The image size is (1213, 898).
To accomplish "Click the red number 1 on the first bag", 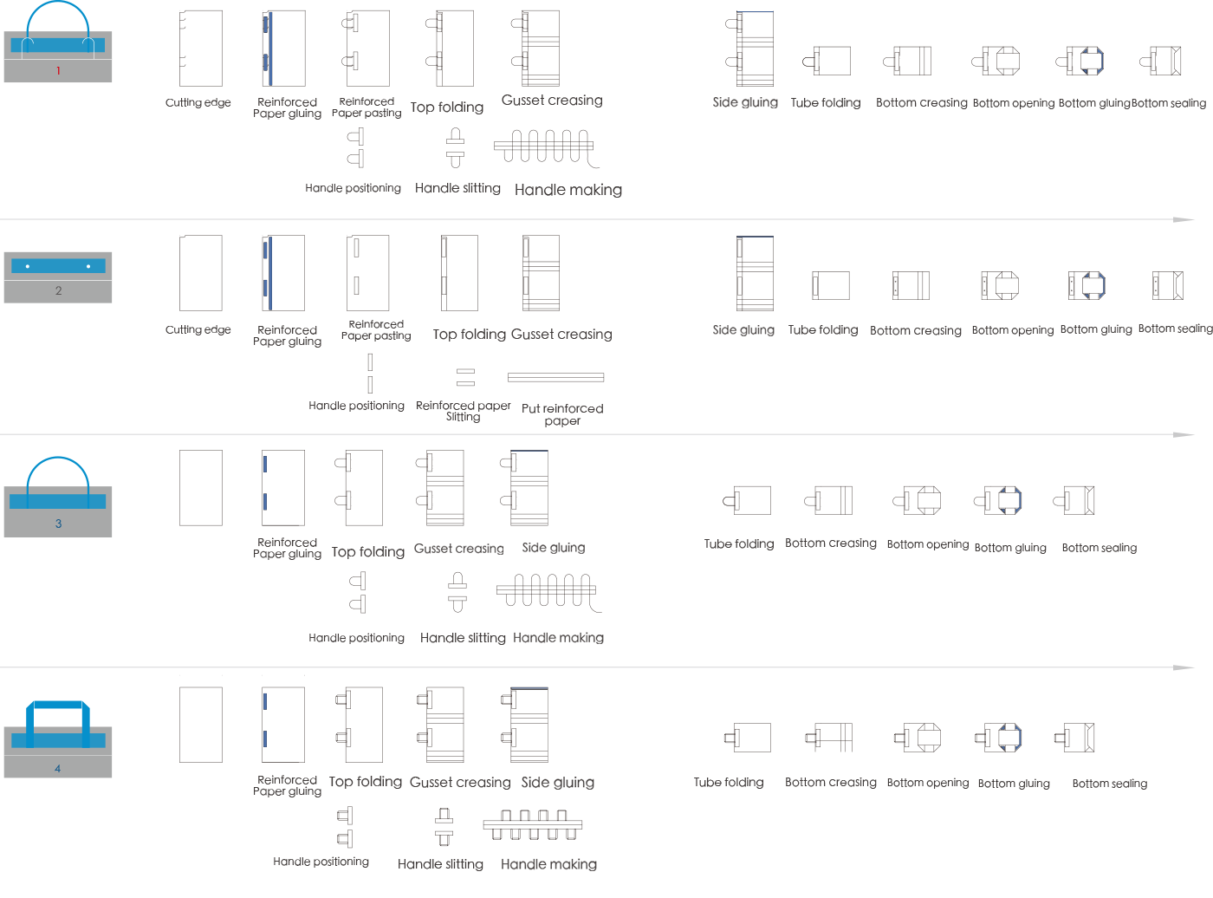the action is pyautogui.click(x=58, y=70).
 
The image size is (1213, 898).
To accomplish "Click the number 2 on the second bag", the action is pyautogui.click(x=59, y=290).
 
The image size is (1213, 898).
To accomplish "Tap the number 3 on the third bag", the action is pyautogui.click(x=59, y=524).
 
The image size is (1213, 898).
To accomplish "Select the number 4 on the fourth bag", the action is pyautogui.click(x=58, y=768).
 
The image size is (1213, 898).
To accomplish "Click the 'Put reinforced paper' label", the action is pyautogui.click(x=562, y=414).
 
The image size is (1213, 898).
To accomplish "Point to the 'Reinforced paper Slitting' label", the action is pyautogui.click(x=463, y=411).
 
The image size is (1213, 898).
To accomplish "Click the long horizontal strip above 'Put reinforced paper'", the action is pyautogui.click(x=555, y=377).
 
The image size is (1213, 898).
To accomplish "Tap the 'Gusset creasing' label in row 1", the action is pyautogui.click(x=552, y=101).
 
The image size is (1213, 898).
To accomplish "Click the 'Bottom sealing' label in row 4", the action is pyautogui.click(x=1110, y=784).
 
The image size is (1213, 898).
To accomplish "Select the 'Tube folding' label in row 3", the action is pyautogui.click(x=739, y=544).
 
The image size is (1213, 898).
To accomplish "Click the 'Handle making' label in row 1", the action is pyautogui.click(x=568, y=190).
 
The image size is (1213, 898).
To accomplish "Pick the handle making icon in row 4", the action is pyautogui.click(x=533, y=824).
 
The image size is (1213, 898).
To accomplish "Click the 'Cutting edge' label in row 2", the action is pyautogui.click(x=198, y=329).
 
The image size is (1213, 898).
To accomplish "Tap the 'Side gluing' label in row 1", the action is pyautogui.click(x=745, y=102).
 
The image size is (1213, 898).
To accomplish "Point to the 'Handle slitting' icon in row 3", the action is pyautogui.click(x=457, y=592).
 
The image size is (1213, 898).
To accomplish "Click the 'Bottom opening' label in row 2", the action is pyautogui.click(x=1013, y=330).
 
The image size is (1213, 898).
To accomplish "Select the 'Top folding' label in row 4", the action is pyautogui.click(x=366, y=782).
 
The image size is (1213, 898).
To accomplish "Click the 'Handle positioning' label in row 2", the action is pyautogui.click(x=357, y=406).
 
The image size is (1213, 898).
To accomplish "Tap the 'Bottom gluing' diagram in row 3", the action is pyautogui.click(x=998, y=500).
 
